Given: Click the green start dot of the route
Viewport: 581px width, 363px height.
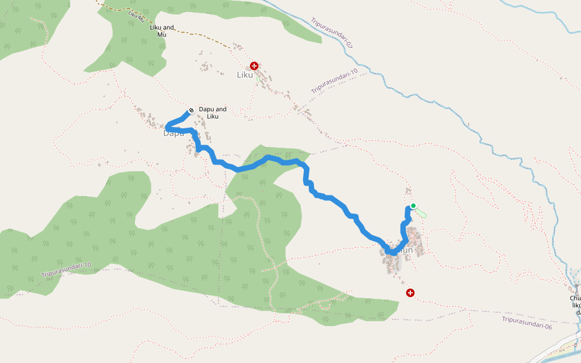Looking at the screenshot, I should [x=413, y=206].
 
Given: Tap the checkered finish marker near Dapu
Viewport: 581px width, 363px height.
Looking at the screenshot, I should [x=191, y=110].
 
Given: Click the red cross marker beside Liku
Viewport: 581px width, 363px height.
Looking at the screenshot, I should [x=254, y=65].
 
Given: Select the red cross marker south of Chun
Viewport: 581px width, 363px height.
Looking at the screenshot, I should [x=410, y=293].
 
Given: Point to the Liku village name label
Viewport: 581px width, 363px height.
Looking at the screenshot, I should [x=244, y=75].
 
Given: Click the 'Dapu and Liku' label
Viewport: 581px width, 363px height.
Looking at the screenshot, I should [x=212, y=113].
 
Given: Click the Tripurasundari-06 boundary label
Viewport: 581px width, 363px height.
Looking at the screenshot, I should [x=527, y=322].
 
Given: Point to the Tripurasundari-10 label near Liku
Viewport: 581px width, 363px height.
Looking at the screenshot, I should [x=335, y=81].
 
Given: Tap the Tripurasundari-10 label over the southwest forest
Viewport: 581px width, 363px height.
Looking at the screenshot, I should [x=66, y=270].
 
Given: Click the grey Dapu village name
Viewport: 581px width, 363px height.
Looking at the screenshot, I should [x=173, y=133].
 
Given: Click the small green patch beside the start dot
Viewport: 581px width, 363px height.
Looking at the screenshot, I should [x=421, y=213].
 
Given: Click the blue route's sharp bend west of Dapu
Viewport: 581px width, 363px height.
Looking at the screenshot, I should [x=168, y=126].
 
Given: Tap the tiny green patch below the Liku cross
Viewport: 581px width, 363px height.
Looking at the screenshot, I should [x=258, y=79].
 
